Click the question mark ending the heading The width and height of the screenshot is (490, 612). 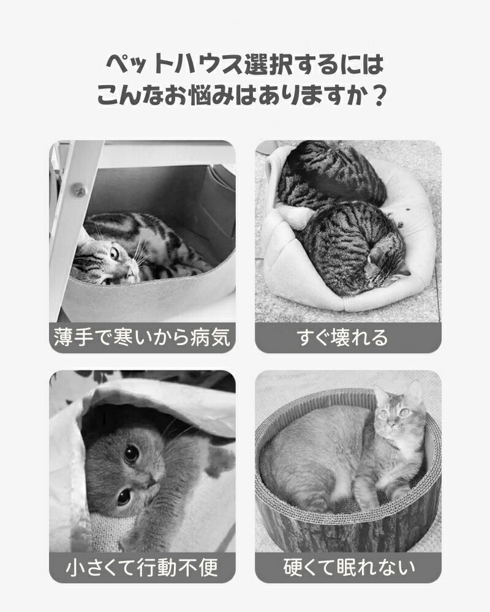coord(377,95)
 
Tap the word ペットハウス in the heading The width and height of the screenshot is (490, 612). coord(175,64)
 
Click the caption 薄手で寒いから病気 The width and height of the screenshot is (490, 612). coord(142,337)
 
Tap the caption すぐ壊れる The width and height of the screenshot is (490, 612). coord(342,337)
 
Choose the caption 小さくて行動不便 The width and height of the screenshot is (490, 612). coord(142,567)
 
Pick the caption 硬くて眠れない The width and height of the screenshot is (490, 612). coord(349,567)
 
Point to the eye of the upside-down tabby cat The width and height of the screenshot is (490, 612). coord(114,254)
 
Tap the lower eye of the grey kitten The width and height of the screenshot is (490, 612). coord(124,496)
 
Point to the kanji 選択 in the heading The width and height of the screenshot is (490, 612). coord(268,64)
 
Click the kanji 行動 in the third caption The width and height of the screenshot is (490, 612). coord(157,567)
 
